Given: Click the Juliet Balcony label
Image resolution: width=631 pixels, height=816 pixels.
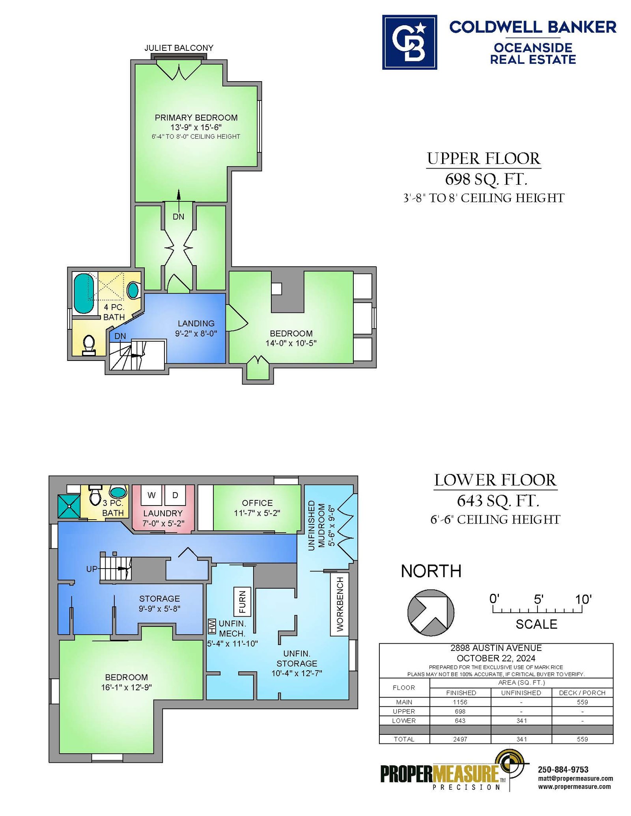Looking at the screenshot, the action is pos(179,48).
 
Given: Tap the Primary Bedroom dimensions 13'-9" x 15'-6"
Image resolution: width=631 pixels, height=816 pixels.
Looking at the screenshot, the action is pos(196,127).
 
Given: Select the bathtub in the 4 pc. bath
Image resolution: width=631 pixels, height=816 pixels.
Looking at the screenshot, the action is pos(84,294).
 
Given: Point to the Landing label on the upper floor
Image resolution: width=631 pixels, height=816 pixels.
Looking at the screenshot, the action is pos(196,323).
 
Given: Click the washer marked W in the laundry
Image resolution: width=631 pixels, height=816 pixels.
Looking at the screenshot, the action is pos(151,495).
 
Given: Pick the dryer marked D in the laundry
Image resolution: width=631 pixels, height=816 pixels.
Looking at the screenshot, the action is pos(175,495).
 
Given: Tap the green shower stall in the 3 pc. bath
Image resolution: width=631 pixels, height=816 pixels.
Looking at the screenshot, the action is pos(69,506).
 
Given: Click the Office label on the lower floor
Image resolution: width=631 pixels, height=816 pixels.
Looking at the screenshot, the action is pos(257,503).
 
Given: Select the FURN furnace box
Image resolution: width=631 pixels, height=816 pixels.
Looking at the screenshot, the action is pos(242,601).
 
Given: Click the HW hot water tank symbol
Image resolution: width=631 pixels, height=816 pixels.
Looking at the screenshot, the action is pos(212,626).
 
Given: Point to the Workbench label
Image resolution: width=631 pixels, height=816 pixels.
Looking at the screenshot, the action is pos(340,604).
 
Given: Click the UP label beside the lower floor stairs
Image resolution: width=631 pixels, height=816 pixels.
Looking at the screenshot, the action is pos(92,569).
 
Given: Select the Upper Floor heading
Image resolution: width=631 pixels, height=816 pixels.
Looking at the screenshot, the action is pos(484,158).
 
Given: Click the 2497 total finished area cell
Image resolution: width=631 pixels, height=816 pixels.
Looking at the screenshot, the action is pos(460,739).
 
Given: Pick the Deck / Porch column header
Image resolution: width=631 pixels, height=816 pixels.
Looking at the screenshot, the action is pos(582,693).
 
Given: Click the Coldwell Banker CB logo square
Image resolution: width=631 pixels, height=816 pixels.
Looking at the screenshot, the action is pos(409,42).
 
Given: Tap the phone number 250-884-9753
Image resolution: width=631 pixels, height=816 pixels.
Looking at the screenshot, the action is pos(563,770).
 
